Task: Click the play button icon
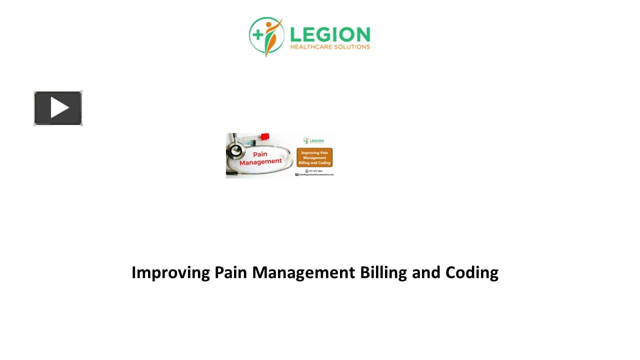(58, 108)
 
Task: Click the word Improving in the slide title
(170, 273)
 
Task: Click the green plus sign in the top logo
(257, 34)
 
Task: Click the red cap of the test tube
(265, 136)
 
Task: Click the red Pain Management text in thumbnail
(260, 158)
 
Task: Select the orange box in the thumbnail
(314, 157)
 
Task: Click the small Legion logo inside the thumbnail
(313, 141)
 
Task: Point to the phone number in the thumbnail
(316, 171)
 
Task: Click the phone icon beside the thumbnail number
(306, 171)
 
